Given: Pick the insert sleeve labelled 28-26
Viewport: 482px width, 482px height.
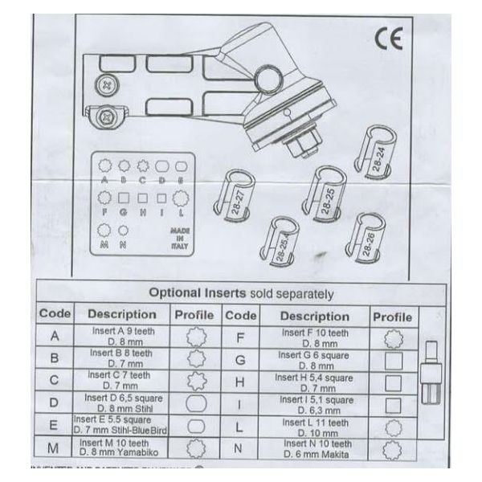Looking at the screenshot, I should (x=366, y=239).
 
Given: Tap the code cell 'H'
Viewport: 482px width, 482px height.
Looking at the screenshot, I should (x=239, y=382).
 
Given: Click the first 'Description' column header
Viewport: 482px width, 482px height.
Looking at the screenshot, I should (x=121, y=315).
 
